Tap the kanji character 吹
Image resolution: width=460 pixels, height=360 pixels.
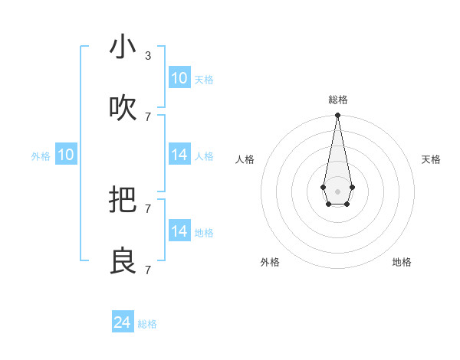123,109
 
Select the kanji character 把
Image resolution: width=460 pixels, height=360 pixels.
123,201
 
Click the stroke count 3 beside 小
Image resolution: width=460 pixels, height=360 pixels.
148,56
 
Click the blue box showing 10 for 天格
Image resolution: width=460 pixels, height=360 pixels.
179,78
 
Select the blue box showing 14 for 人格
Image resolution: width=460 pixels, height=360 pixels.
179,155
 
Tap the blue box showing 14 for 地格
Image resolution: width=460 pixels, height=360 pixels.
179,231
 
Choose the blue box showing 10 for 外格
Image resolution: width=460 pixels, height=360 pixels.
66,155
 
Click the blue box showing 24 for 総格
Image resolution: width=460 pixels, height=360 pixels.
123,322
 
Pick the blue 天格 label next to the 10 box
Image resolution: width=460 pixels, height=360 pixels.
204,80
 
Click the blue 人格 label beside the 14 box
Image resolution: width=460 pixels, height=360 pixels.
204,156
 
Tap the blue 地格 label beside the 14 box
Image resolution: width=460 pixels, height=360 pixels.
204,233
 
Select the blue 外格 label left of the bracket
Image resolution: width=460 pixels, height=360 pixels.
41,156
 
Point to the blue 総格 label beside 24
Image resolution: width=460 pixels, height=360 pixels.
147,324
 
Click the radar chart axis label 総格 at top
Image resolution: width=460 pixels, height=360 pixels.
337,100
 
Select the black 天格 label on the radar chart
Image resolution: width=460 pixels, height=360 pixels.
431,159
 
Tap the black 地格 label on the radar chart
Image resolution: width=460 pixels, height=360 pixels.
402,262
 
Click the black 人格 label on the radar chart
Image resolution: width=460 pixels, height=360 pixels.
245,159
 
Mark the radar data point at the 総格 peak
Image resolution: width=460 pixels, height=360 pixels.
337,116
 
